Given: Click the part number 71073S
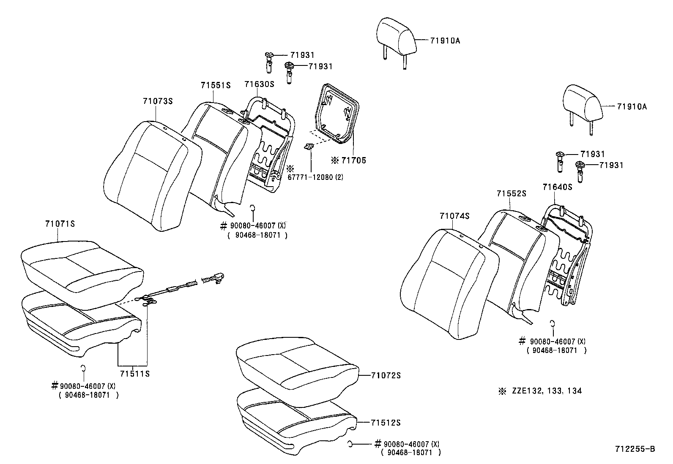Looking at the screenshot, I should tap(158, 101).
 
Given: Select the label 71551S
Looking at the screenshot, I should tap(216, 85).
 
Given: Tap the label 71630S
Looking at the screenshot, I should tap(259, 84).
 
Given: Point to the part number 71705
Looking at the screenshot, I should tap(353, 160).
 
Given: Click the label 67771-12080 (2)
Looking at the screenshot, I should tap(315, 177).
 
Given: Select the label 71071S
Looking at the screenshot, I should tap(60, 224).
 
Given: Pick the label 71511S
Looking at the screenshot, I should tap(134, 374).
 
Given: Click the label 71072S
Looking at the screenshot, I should tap(386, 375).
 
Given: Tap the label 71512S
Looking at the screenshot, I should tap(386, 423).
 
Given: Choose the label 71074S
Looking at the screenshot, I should tap(454, 216).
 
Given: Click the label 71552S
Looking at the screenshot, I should tap(511, 193).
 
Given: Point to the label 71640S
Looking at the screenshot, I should tap(557, 187).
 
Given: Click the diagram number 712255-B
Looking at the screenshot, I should tap(635, 449).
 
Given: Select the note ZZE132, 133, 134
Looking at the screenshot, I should tap(546, 391).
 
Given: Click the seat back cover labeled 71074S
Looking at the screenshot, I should tap(448, 283).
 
